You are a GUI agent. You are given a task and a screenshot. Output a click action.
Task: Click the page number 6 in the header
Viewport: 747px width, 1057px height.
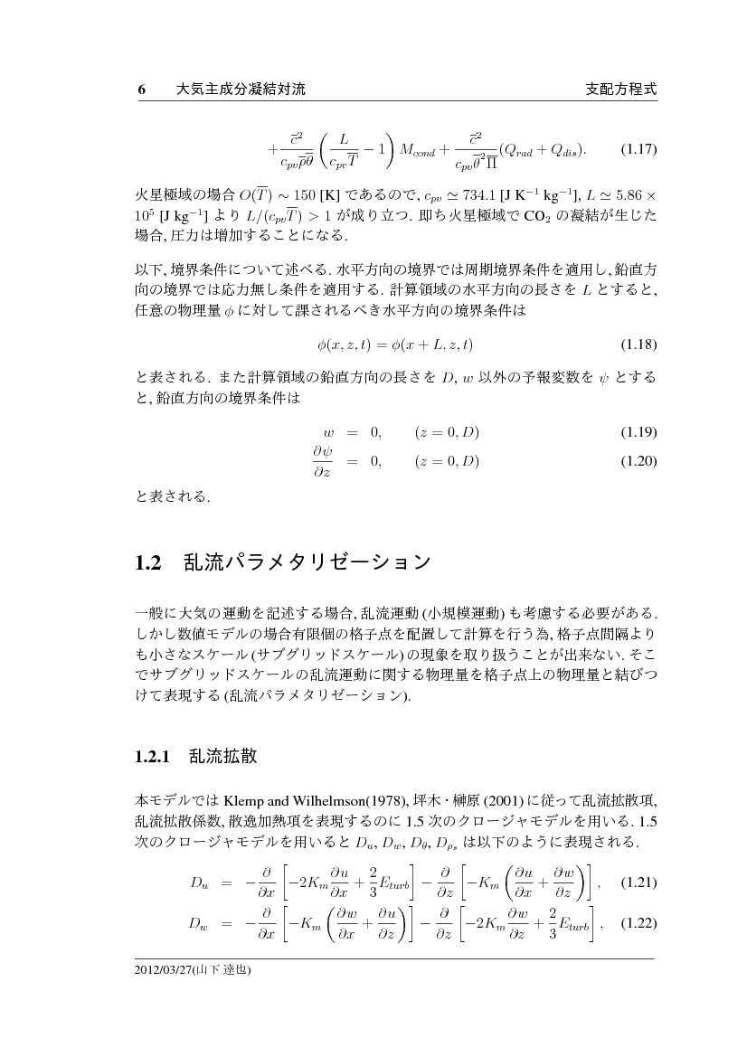click(x=140, y=90)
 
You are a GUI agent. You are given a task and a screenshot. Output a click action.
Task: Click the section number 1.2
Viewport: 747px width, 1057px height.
click(x=147, y=563)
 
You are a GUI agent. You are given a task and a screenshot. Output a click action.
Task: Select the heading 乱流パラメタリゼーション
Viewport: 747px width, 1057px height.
click(x=307, y=563)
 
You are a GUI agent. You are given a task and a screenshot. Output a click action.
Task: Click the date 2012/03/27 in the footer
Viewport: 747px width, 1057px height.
click(x=161, y=970)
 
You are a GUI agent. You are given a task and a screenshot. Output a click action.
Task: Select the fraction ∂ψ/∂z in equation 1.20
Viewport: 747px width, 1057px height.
click(x=323, y=461)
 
